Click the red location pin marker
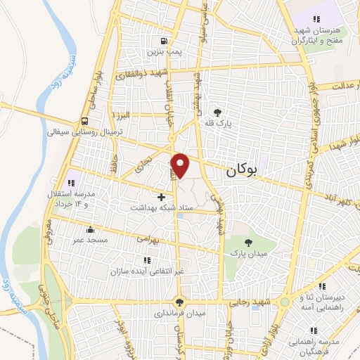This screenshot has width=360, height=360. [x=181, y=165]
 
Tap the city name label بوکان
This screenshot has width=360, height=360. [x=241, y=170]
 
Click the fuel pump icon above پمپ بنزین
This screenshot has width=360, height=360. [x=163, y=41]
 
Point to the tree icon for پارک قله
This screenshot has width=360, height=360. [x=218, y=112]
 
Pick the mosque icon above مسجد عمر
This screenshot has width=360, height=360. [x=91, y=229]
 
